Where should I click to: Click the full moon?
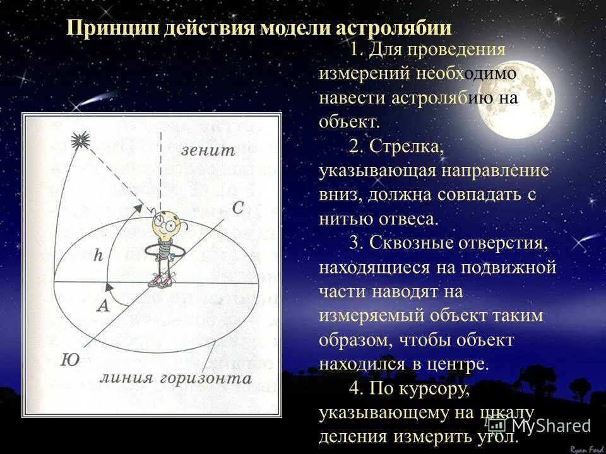coord(516,95)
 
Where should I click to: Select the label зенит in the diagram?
coord(208,151)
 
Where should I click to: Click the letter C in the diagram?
coord(238,208)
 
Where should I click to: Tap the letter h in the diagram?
coord(98,255)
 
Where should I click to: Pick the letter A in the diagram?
coord(102,306)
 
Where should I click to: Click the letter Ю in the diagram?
coord(70,360)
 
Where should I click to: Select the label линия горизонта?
coord(175,378)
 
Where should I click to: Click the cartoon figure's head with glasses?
coord(165,224)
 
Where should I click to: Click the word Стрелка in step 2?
coord(407,146)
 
